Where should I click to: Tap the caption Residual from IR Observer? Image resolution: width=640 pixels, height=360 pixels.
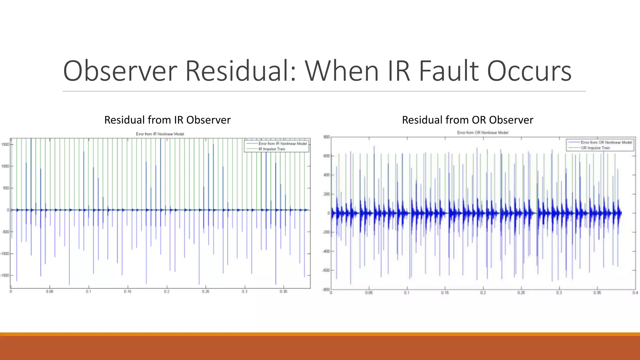coord(167,120)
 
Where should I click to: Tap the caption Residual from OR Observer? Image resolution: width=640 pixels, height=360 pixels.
coord(467,120)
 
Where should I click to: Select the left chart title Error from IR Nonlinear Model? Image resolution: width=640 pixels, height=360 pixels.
coord(160,134)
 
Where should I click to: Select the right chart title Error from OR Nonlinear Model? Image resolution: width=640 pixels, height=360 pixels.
coord(482,133)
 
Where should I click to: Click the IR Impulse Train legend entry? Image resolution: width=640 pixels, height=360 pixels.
coord(272,149)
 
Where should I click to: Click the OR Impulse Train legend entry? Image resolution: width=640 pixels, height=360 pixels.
coord(595,148)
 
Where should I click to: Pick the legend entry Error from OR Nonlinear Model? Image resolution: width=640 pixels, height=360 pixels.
coord(606,142)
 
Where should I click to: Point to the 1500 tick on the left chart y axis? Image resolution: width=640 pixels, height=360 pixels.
coord(5,144)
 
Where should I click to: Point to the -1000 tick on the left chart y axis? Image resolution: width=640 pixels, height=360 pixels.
coord(4,254)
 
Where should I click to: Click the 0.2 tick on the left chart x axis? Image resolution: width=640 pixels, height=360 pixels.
coord(167,292)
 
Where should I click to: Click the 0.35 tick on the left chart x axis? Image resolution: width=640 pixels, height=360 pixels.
coord(283,292)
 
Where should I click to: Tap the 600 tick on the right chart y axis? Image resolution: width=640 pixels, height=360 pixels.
coord(327,156)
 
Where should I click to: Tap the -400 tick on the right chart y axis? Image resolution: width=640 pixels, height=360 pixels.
coord(326,251)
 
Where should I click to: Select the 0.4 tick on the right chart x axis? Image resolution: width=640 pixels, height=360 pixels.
coord(635,293)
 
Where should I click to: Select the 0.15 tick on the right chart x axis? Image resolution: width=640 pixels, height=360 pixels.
coord(445,293)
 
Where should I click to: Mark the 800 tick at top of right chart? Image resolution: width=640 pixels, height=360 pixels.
coord(327,137)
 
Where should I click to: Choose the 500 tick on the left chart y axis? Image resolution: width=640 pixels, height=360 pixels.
coord(6,188)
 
